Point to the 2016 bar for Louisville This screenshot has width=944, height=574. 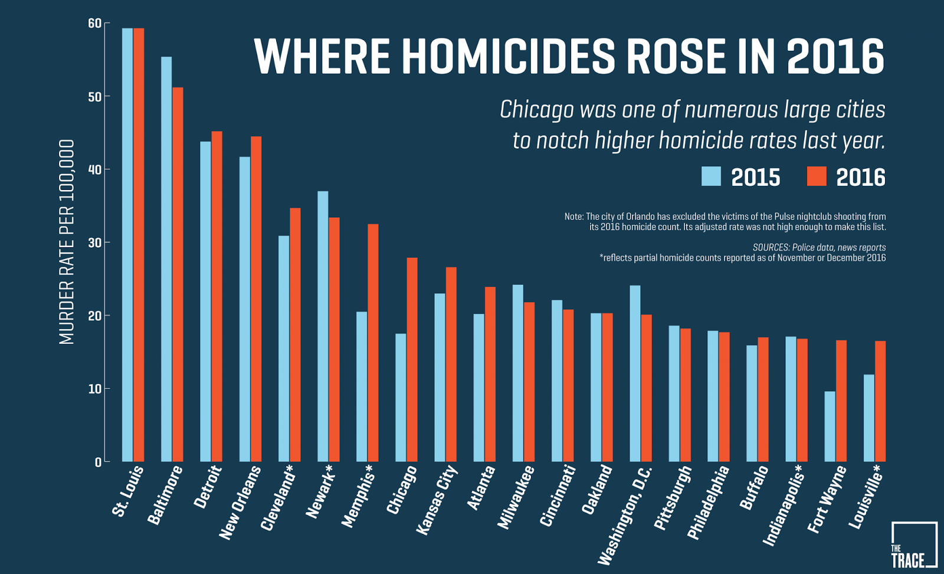point(880,401)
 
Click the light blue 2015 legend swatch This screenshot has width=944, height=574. point(711,176)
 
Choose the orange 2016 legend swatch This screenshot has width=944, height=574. point(817,176)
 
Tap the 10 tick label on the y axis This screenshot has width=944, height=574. point(94,389)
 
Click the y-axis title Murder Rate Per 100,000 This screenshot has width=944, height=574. point(67,242)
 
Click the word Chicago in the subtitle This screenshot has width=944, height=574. point(536,110)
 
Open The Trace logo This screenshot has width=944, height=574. point(913,545)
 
